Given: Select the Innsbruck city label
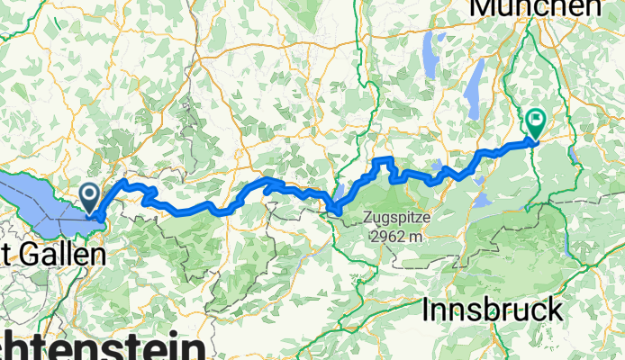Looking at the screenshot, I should pos(493,310).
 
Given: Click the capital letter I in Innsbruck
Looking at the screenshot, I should pos(427,310).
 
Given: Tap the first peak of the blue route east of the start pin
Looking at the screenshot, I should pos(124,183).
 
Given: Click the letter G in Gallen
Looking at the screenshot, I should pos(24,255).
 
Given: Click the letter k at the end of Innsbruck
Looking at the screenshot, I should pos(555,310).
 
